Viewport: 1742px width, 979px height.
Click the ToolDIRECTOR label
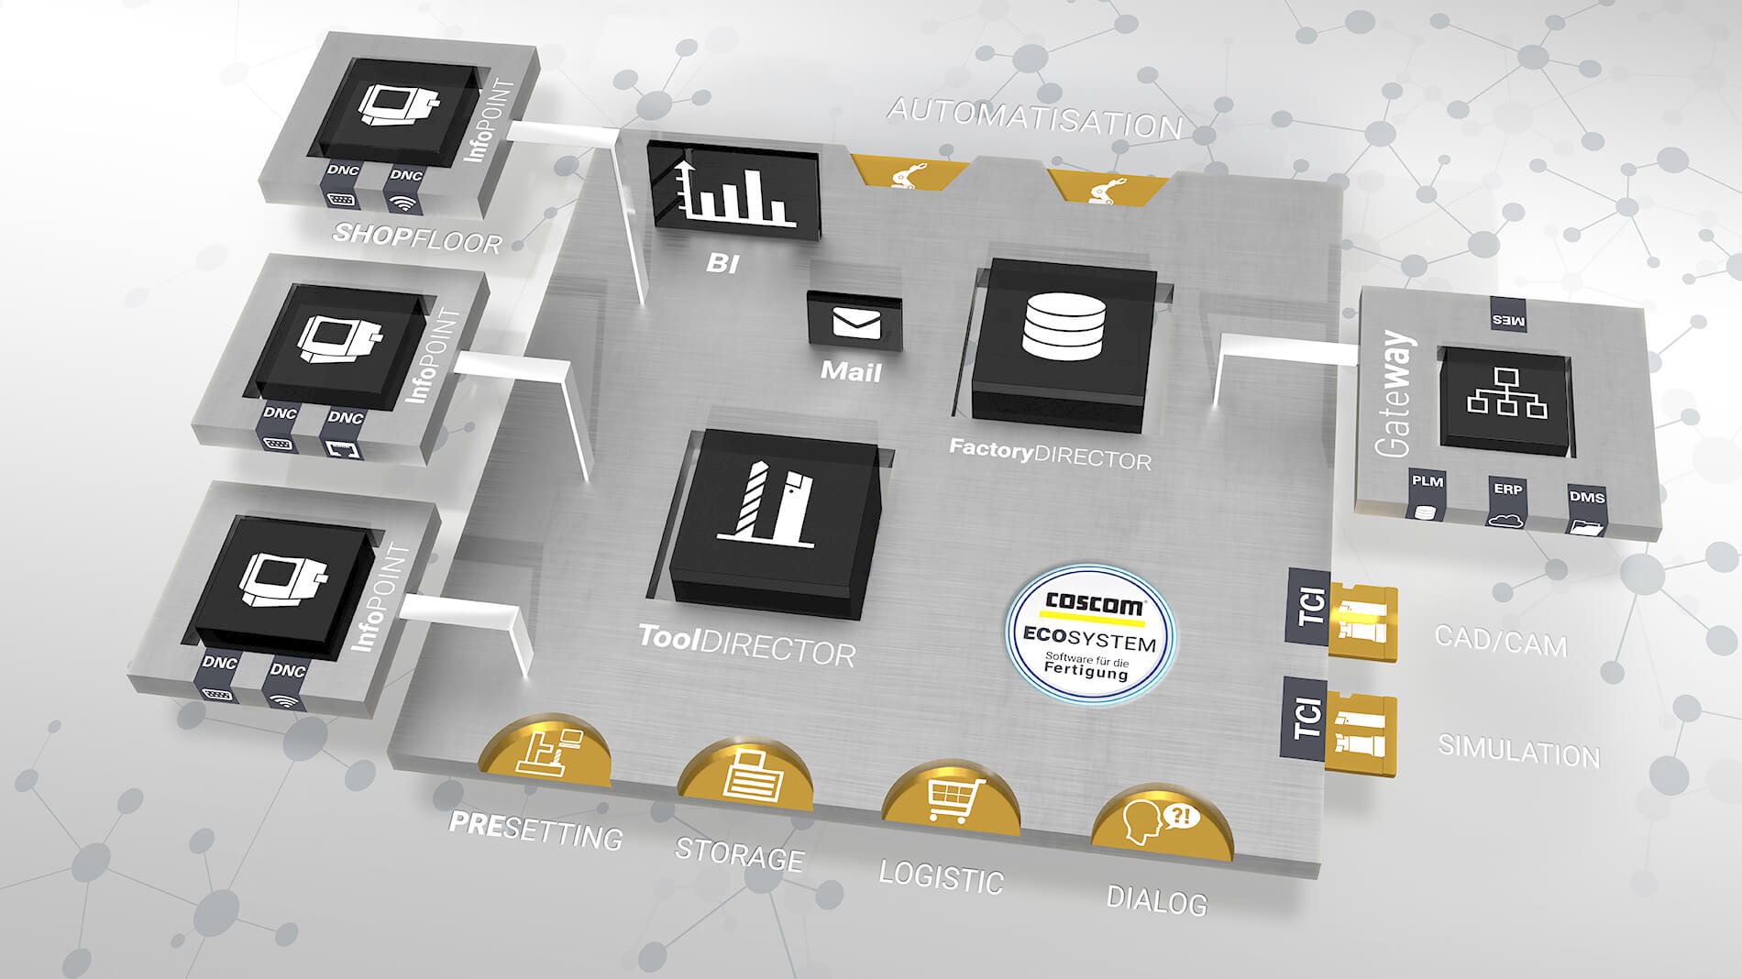[x=746, y=645]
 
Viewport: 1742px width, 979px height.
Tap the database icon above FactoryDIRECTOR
[x=1064, y=326]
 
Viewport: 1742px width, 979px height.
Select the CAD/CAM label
[x=1500, y=640]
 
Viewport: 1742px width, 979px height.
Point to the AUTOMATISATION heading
[x=1034, y=119]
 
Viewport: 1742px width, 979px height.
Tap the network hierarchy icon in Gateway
[x=1506, y=393]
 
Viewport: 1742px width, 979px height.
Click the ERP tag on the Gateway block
[x=1507, y=489]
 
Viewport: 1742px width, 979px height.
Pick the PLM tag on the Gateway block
[x=1427, y=482]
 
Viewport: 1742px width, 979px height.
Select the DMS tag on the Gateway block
[x=1586, y=498]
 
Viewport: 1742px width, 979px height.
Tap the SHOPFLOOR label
[x=417, y=238]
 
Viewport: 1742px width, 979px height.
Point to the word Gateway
[x=1394, y=394]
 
